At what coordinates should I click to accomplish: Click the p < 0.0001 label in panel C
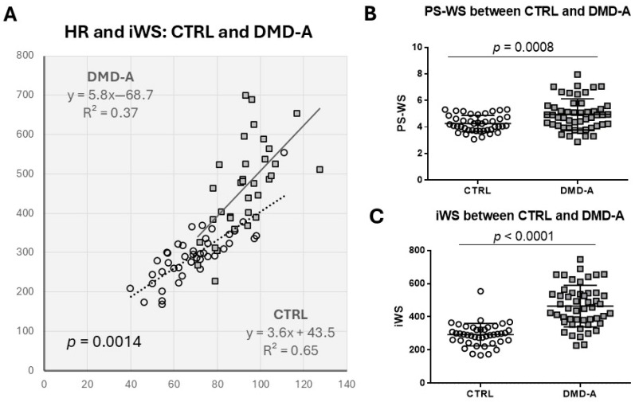pos(523,236)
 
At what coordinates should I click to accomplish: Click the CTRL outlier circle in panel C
pos(458,291)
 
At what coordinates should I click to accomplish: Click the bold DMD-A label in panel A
pos(112,77)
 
